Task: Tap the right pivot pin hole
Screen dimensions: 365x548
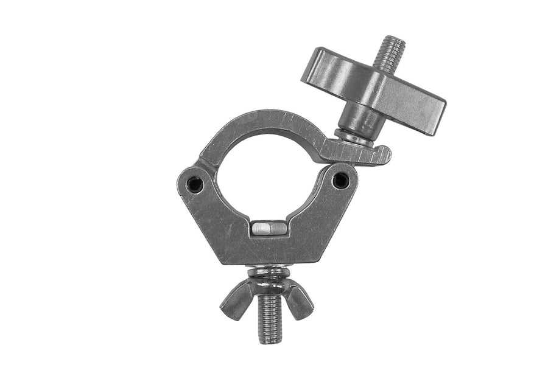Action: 342,179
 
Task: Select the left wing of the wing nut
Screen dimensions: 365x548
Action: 236,299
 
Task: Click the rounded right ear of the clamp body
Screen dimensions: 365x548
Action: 350,176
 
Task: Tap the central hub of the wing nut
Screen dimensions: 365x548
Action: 268,286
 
